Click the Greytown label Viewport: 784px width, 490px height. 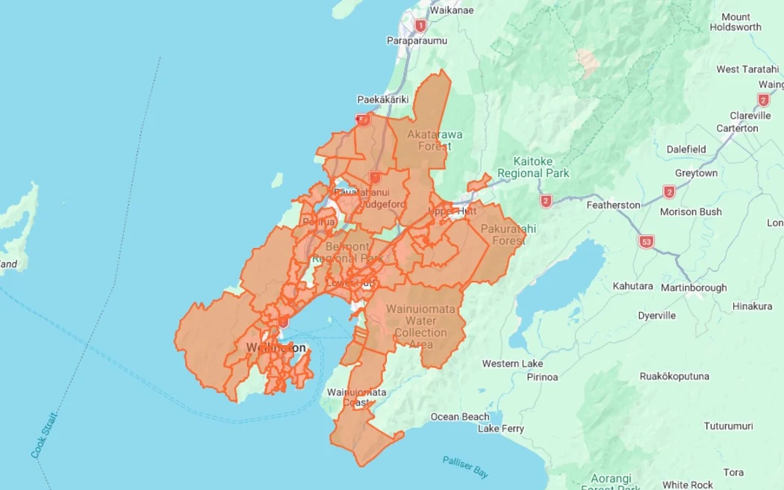[696, 173]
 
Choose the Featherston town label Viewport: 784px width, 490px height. [614, 205]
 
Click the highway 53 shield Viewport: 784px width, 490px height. [647, 241]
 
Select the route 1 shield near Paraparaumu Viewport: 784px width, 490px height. [420, 26]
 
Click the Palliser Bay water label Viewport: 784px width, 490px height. [465, 467]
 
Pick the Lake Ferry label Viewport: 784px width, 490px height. [501, 429]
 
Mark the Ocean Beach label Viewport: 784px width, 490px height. [460, 417]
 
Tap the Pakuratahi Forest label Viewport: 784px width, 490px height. [503, 235]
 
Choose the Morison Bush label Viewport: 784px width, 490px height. [691, 211]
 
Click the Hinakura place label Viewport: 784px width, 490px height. [752, 306]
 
